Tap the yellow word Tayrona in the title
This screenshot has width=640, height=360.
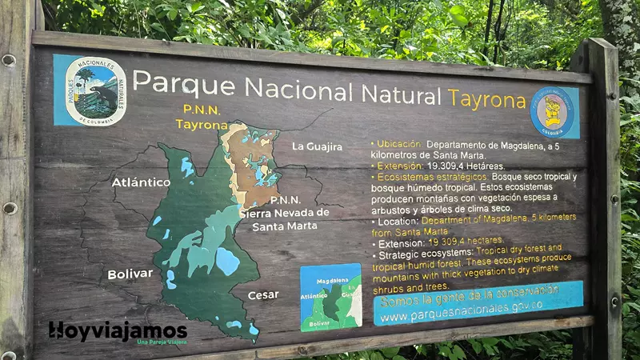point(486,98)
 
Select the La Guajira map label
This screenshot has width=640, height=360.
point(317,146)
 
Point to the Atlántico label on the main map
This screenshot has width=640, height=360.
point(141,182)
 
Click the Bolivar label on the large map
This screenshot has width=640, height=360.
point(130,274)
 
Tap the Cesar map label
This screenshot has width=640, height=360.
point(263,294)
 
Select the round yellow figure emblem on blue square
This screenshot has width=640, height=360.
point(554,112)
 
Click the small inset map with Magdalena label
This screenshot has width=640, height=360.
point(330,297)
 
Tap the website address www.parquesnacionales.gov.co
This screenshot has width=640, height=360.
point(462,306)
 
